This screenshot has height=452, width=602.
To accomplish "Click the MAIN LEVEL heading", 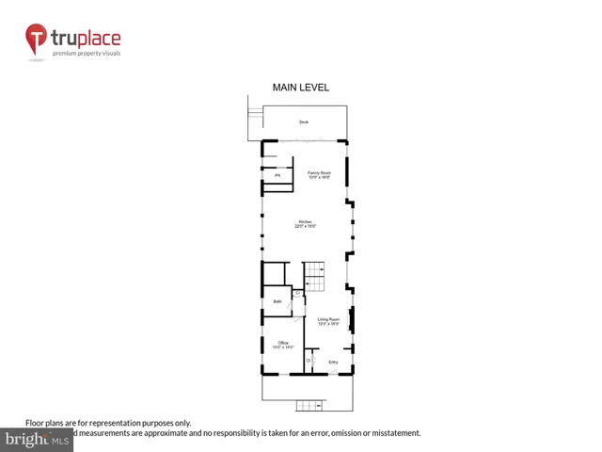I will [300, 88].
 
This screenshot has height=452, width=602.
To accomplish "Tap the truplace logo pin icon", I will [37, 40].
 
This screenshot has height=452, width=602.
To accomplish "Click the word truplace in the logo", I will [86, 39].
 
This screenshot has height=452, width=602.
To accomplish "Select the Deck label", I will [304, 122].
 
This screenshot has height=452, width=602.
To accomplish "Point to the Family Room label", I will [319, 171].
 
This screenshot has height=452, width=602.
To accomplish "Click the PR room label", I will [277, 176].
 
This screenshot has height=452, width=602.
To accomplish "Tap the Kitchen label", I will [305, 222].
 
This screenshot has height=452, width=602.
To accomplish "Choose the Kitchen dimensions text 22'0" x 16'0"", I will [305, 227].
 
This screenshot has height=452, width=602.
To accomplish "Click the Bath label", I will [277, 301].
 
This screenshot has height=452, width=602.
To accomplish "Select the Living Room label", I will [327, 319].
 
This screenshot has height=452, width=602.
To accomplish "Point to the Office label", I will [282, 342].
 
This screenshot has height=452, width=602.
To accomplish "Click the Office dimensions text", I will [282, 347].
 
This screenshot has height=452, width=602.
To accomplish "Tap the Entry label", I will [333, 362].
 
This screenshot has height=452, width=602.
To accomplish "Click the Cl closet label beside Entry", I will [309, 360].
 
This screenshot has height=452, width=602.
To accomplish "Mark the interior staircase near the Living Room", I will [314, 275].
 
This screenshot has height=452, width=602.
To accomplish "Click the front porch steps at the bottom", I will [310, 406].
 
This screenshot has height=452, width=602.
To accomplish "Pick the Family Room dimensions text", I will [319, 177].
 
